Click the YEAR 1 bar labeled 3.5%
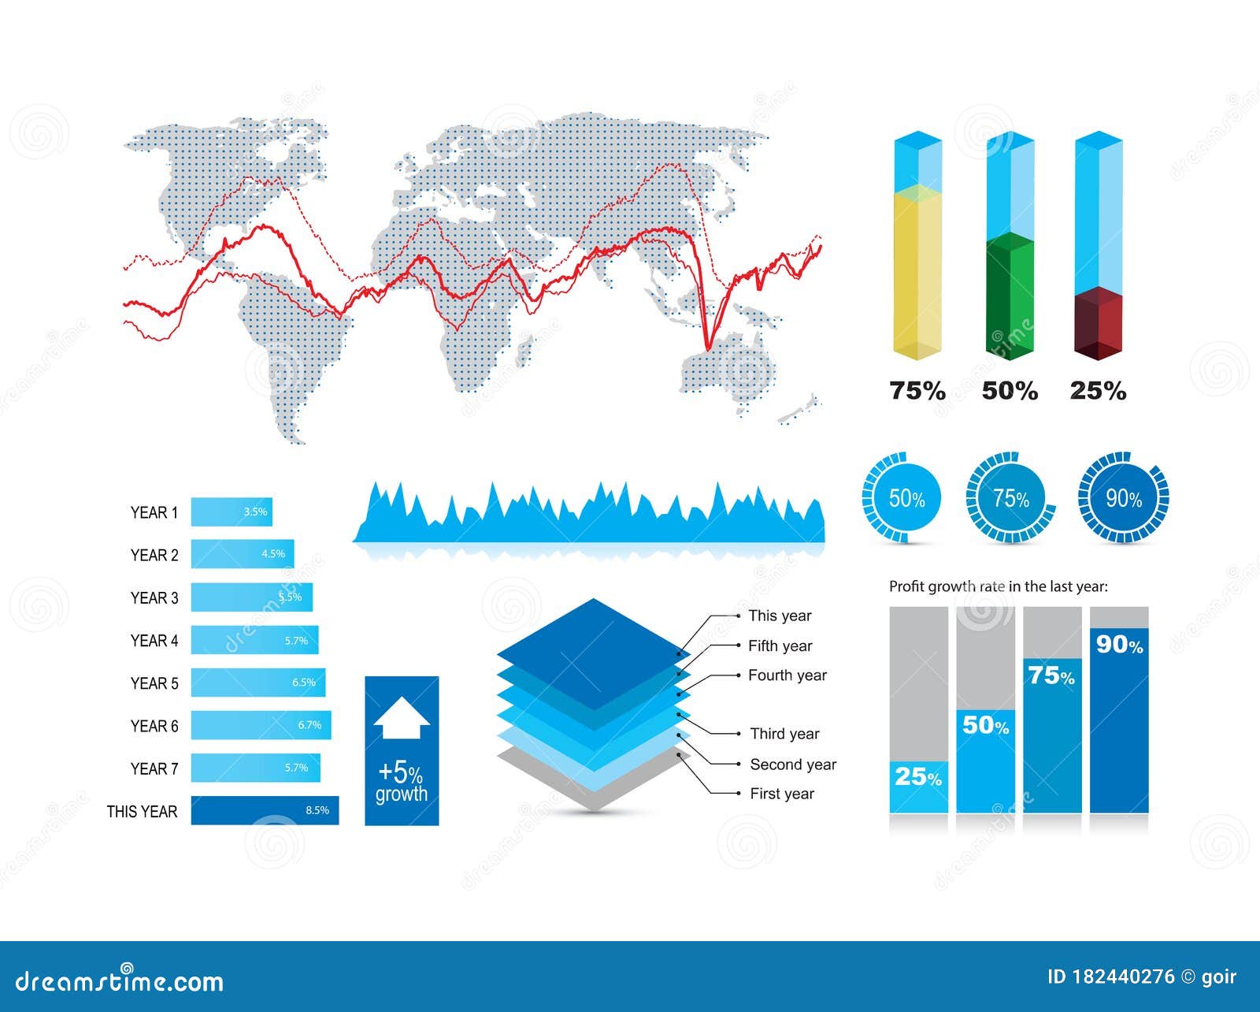[232, 512]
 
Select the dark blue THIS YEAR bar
[265, 810]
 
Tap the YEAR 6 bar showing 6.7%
[261, 725]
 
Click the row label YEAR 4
[154, 641]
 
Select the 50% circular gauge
[902, 498]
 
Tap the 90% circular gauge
[1123, 498]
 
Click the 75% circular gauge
[1010, 498]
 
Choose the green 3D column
[1010, 296]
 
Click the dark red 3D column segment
[1099, 323]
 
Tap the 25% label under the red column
[1098, 391]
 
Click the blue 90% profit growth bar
[1119, 721]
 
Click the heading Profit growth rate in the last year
[999, 586]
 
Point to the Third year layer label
[784, 734]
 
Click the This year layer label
[780, 616]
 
